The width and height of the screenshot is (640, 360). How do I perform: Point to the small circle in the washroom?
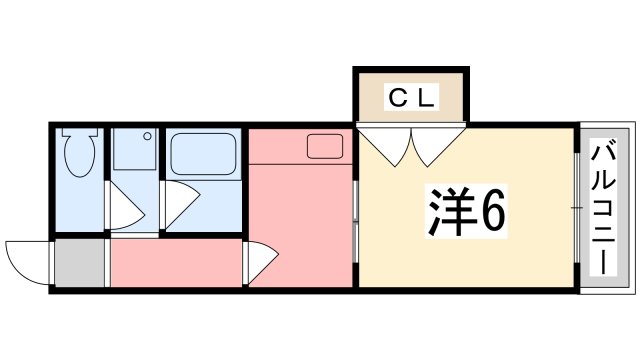pyautogui.click(x=146, y=135)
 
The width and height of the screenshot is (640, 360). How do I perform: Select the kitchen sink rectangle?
pyautogui.click(x=325, y=146)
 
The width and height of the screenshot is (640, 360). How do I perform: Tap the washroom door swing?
pyautogui.click(x=127, y=209)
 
